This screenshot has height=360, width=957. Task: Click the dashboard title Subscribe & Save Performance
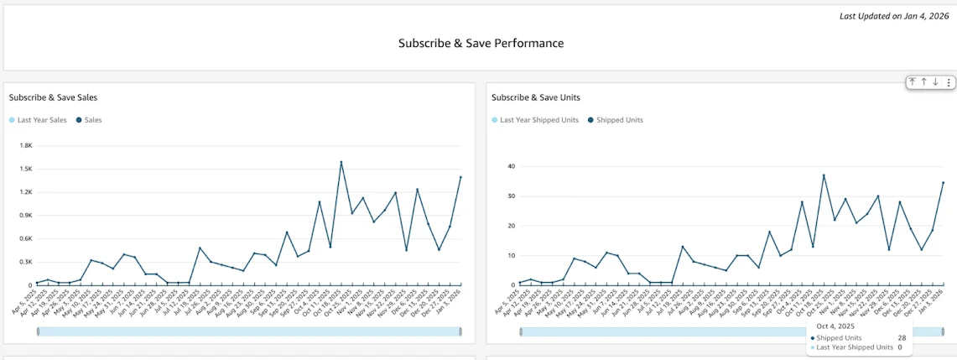tap(481, 43)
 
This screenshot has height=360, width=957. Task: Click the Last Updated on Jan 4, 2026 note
tap(894, 16)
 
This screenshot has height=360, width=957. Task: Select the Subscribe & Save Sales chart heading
tap(53, 97)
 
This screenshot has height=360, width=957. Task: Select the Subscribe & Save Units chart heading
tap(535, 97)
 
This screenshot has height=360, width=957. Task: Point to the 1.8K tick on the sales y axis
tap(24, 145)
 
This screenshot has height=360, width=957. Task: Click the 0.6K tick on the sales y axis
tap(24, 238)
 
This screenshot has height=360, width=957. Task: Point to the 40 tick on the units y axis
tap(508, 166)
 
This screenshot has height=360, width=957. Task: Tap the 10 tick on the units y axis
tap(508, 255)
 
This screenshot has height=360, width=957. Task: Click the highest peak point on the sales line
tap(341, 162)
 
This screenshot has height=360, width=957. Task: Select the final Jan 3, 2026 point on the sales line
tap(460, 177)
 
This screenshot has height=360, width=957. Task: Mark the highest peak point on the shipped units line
tap(824, 175)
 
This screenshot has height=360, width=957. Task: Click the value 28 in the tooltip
tap(900, 337)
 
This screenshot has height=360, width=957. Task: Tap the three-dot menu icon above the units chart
tap(949, 82)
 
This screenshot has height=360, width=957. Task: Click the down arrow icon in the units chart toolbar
tap(935, 82)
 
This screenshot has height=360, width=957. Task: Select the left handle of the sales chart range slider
tap(38, 331)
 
